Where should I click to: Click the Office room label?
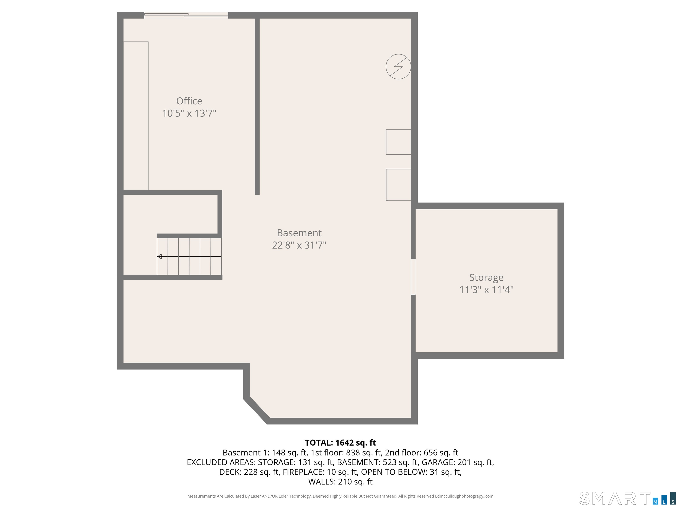[x=189, y=101]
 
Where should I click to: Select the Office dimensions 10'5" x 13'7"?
[x=189, y=113]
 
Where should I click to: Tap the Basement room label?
[x=299, y=233]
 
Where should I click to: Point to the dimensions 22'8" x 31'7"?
[x=299, y=245]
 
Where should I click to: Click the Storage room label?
[x=486, y=277]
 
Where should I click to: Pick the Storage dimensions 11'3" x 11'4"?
[x=486, y=290]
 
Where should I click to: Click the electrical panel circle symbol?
[x=398, y=67]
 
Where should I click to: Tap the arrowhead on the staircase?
[x=159, y=256]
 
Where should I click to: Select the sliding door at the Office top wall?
[x=186, y=15]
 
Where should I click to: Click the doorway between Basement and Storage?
[x=413, y=277]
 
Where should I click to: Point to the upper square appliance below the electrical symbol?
[x=398, y=142]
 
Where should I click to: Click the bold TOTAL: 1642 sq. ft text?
[x=340, y=443]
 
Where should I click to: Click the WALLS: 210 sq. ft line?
[x=340, y=481]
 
